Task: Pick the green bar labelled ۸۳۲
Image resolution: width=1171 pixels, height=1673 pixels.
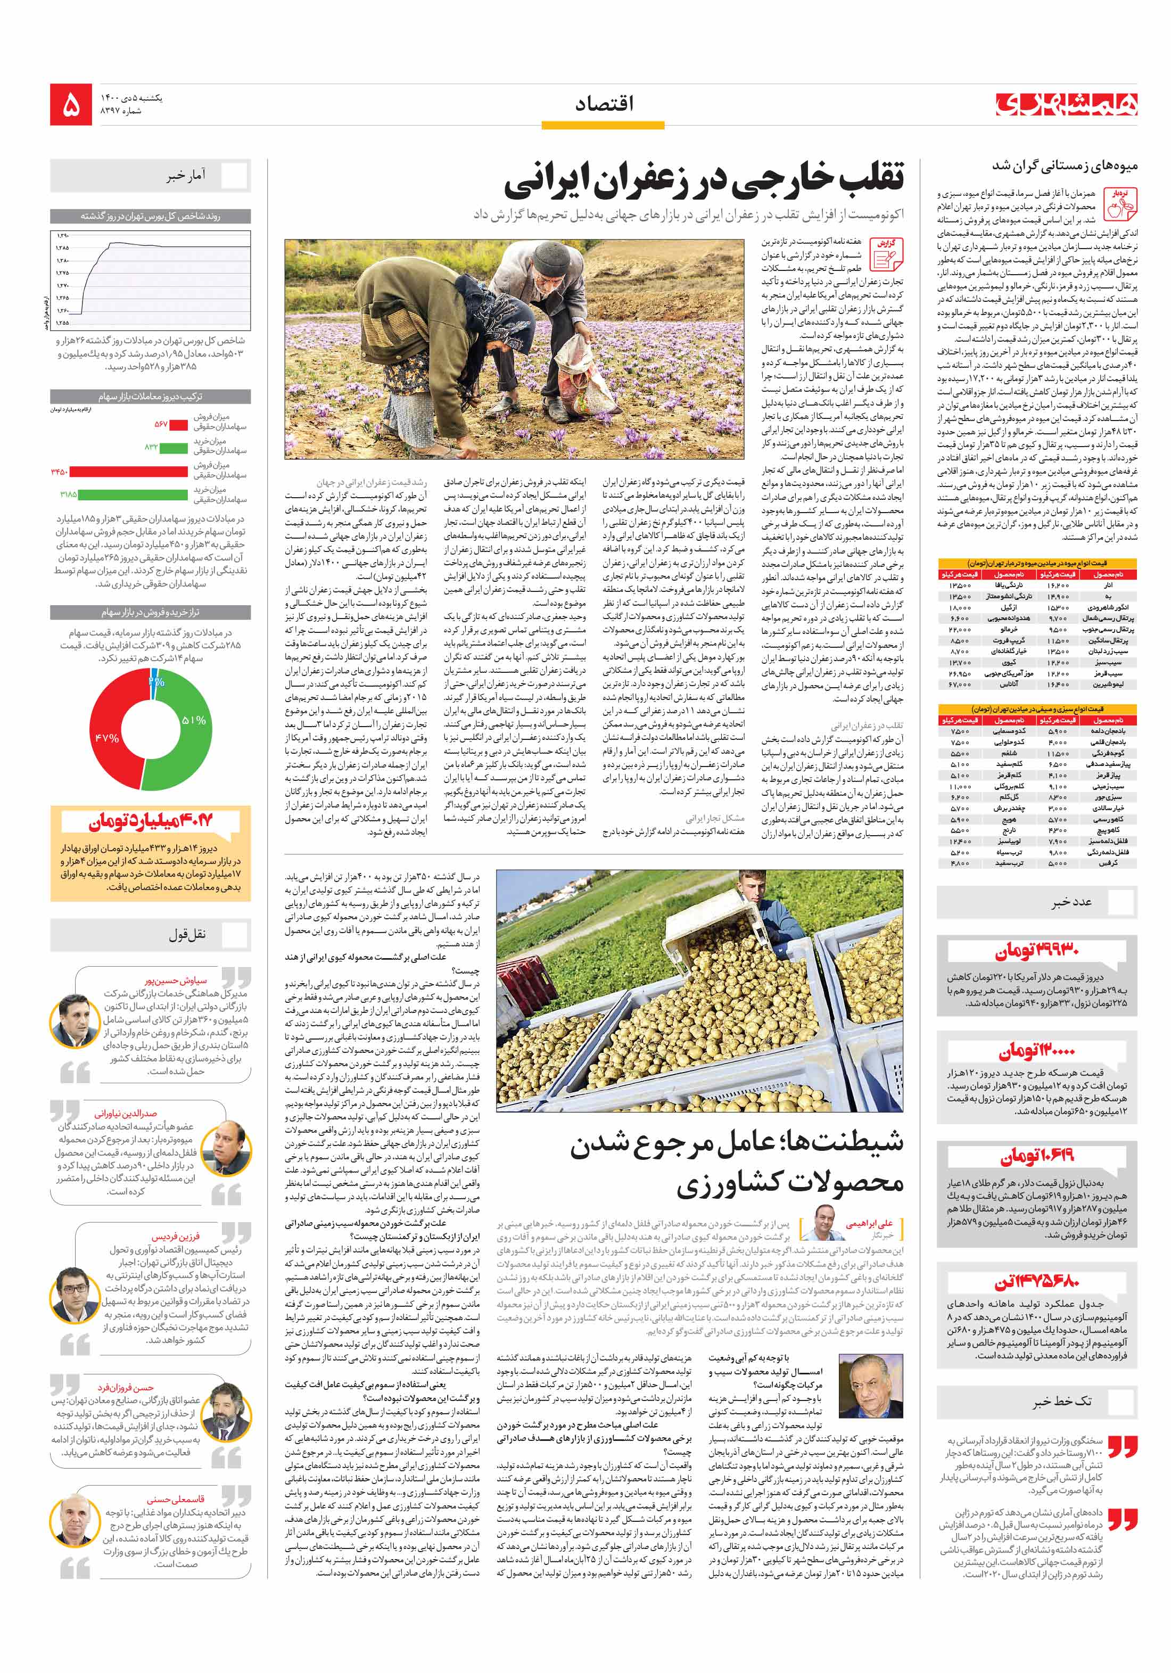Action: (174, 447)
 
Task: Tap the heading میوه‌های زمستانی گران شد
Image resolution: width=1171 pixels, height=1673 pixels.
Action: (1064, 166)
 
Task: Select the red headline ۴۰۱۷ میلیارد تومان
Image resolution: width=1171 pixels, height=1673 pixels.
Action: (151, 821)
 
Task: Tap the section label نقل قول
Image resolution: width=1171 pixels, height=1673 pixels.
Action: (187, 934)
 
